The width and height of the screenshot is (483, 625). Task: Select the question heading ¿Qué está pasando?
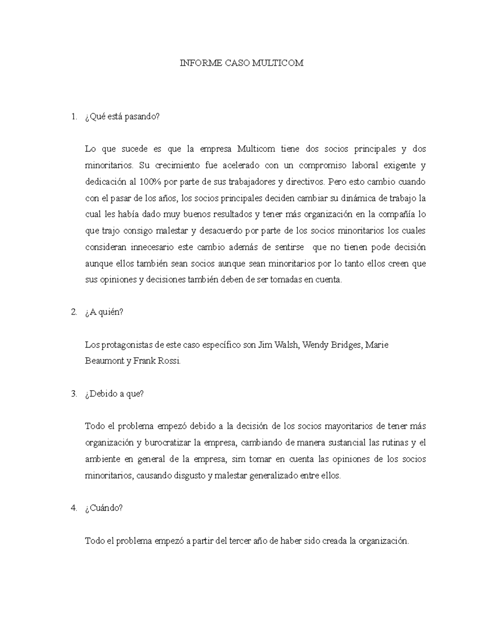click(x=122, y=117)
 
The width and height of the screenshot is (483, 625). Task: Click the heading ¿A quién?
click(x=104, y=312)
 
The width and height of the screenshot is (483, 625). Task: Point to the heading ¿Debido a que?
click(x=114, y=394)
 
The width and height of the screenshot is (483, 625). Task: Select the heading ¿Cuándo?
click(x=104, y=508)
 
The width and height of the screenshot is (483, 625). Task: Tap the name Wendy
click(x=315, y=345)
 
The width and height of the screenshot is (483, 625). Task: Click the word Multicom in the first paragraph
click(x=256, y=149)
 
